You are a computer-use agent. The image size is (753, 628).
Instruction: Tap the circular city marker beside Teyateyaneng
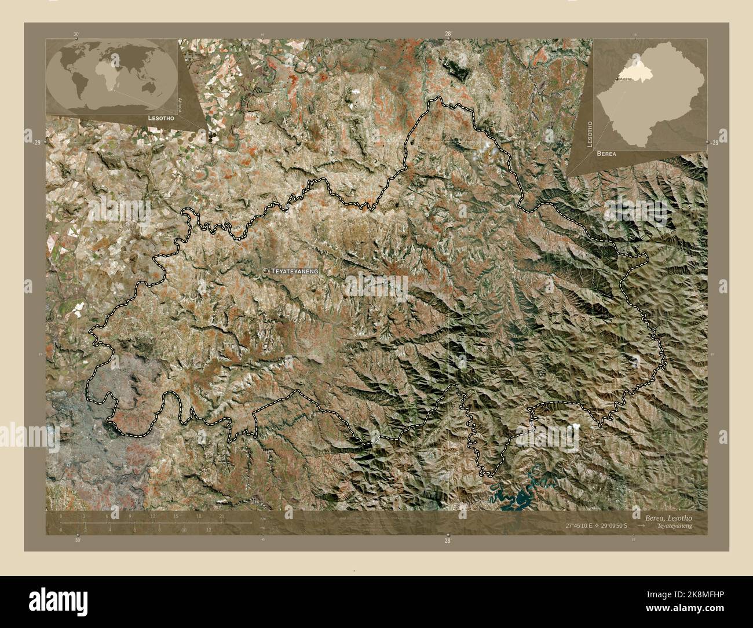pyautogui.click(x=265, y=271)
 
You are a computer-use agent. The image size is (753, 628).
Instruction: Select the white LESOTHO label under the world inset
pyautogui.click(x=158, y=118)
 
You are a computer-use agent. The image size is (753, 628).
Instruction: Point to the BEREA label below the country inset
pyautogui.click(x=605, y=155)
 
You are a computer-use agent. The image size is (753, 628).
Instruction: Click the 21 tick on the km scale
pyautogui.click(x=221, y=516)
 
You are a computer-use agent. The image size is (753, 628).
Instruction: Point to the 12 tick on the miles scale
pyautogui.click(x=209, y=530)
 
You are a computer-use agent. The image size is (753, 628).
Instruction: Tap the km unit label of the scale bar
pyautogui.click(x=263, y=517)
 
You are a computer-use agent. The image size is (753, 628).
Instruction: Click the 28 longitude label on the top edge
pyautogui.click(x=448, y=34)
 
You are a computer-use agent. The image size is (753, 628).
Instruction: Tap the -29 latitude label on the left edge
pyautogui.click(x=36, y=143)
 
